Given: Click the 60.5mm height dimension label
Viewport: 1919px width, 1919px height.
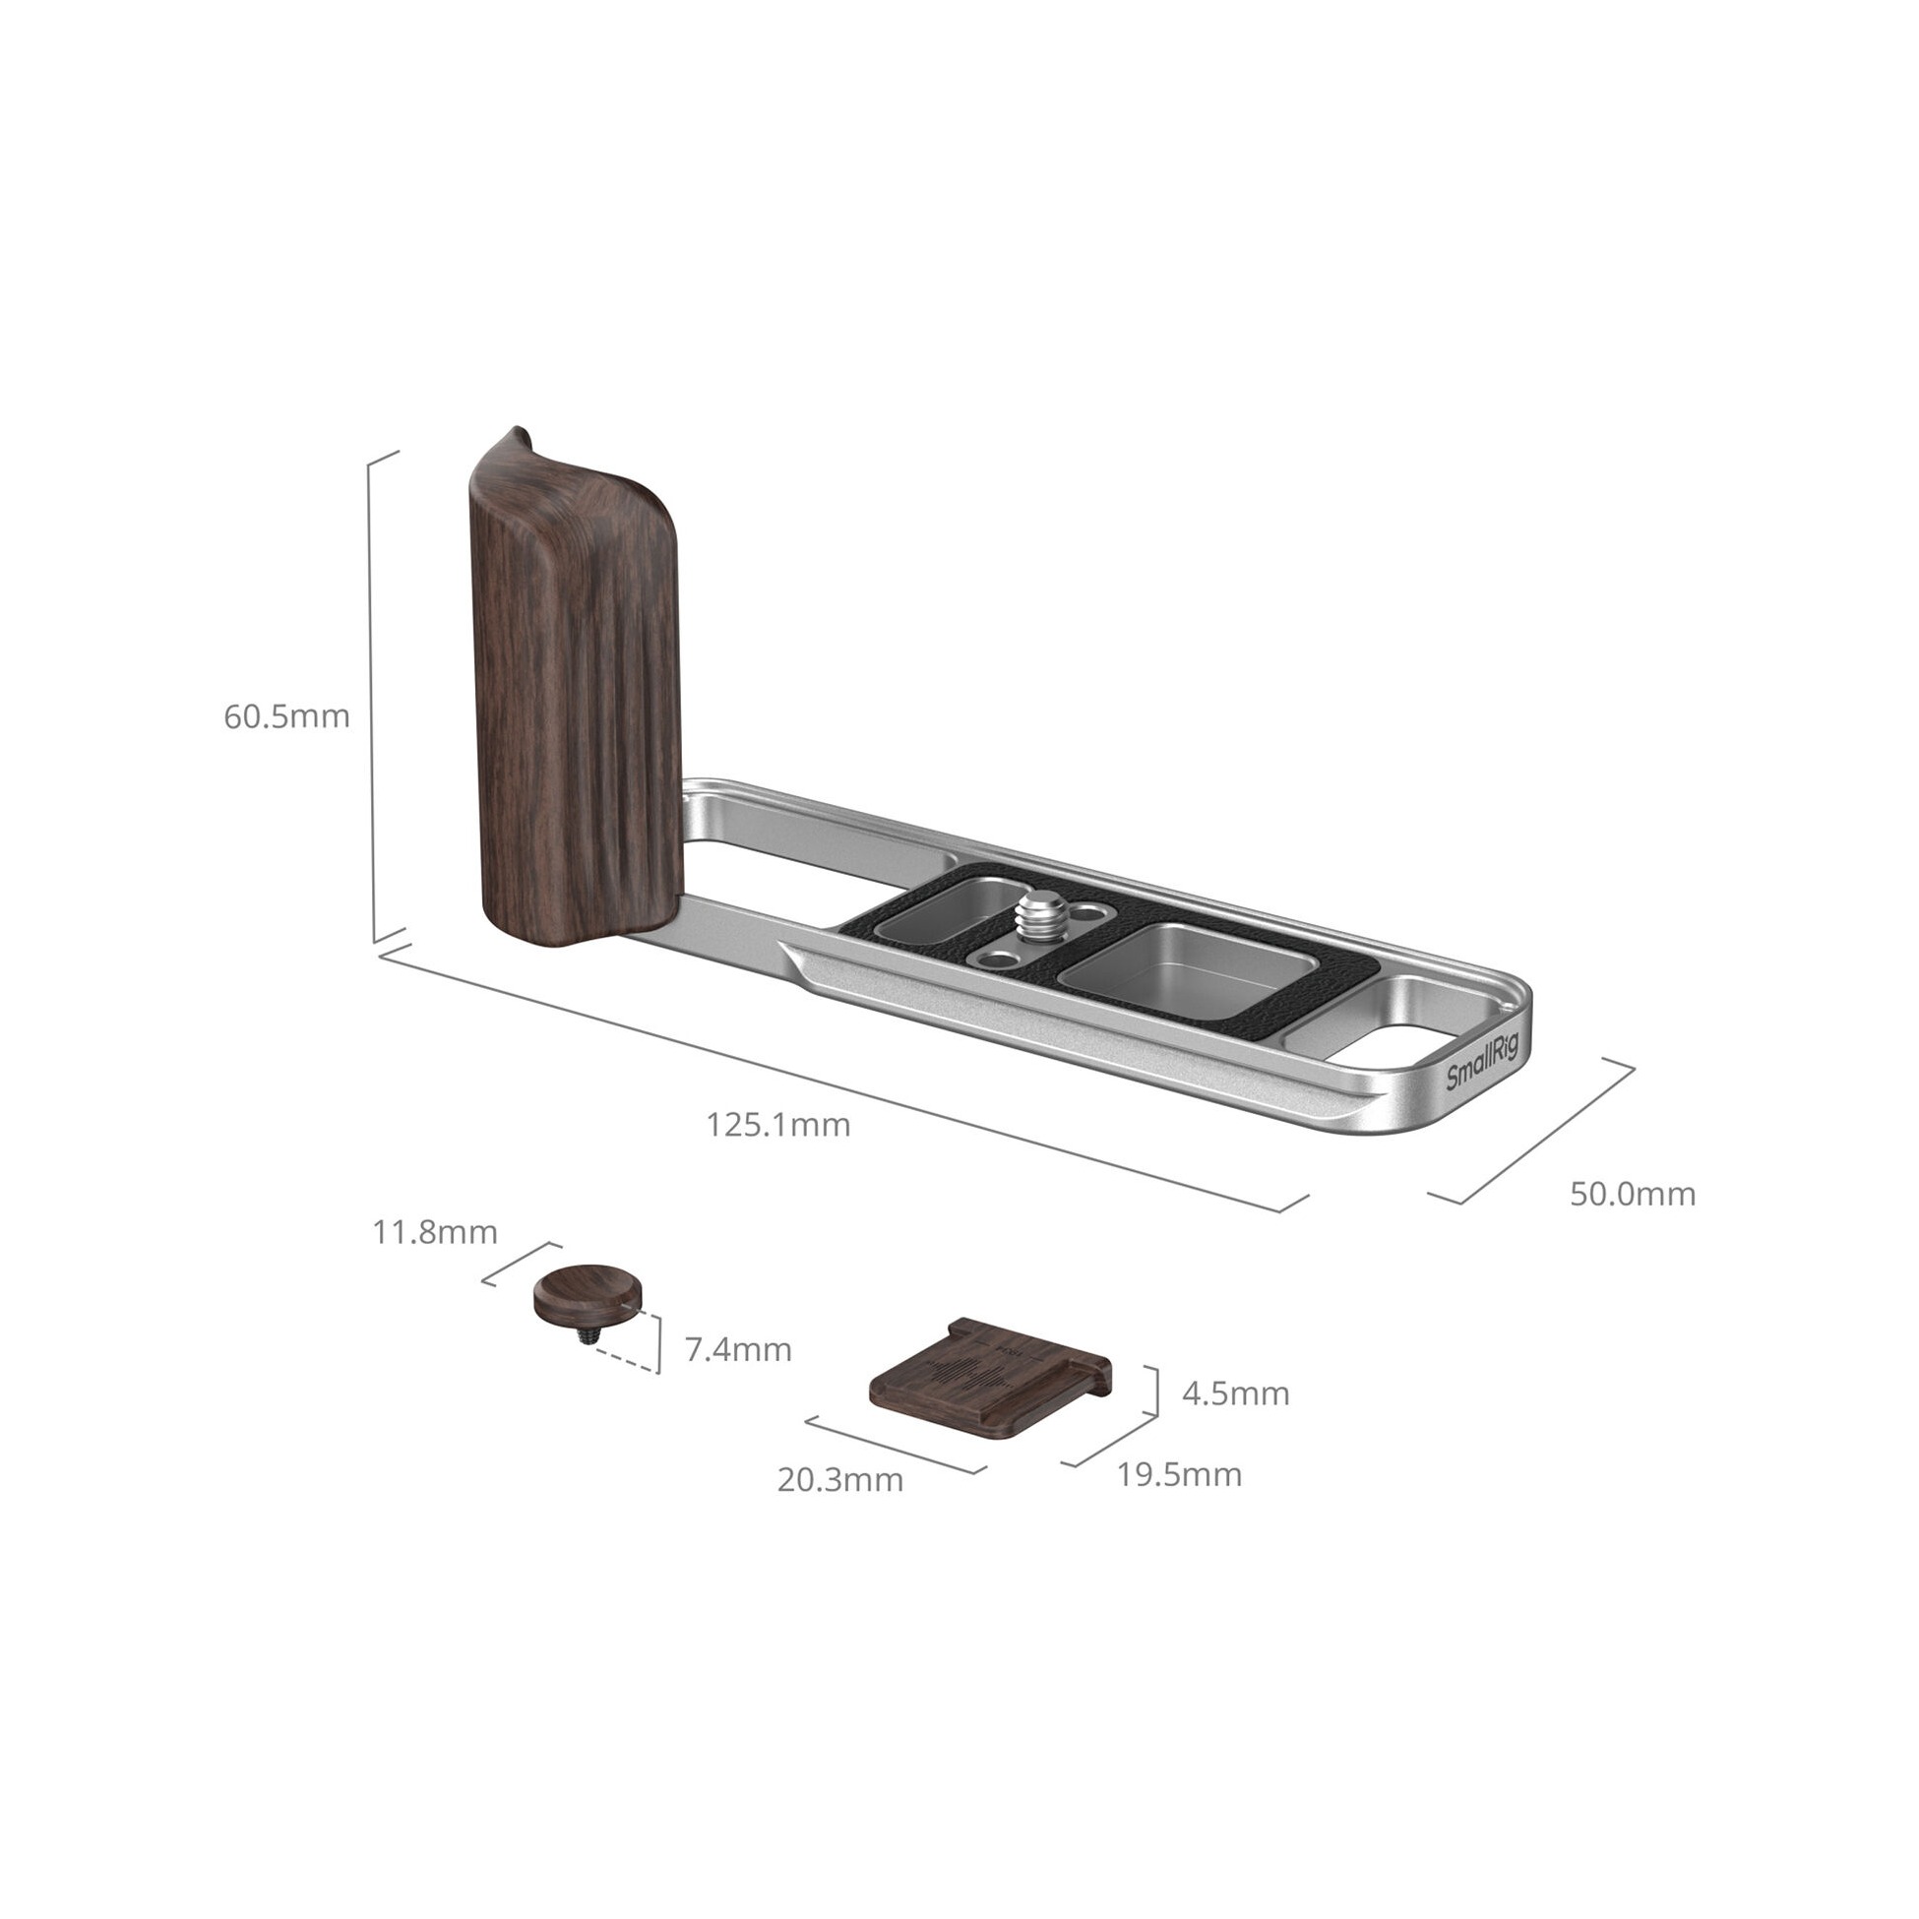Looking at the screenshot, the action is point(286,716).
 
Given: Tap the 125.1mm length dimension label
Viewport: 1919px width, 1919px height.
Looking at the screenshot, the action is point(777,1125).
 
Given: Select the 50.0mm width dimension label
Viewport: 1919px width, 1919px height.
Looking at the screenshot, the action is point(1633,1194).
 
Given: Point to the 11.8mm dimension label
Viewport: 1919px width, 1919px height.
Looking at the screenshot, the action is point(435,1233).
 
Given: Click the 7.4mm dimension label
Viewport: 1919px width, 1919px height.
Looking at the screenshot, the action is point(738,1350).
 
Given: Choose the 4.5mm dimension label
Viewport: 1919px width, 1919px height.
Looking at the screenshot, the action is point(1236,1393).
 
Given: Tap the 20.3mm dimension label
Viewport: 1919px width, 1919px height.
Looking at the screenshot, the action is point(840,1480).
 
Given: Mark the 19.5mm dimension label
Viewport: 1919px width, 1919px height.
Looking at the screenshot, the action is point(1179,1475).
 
